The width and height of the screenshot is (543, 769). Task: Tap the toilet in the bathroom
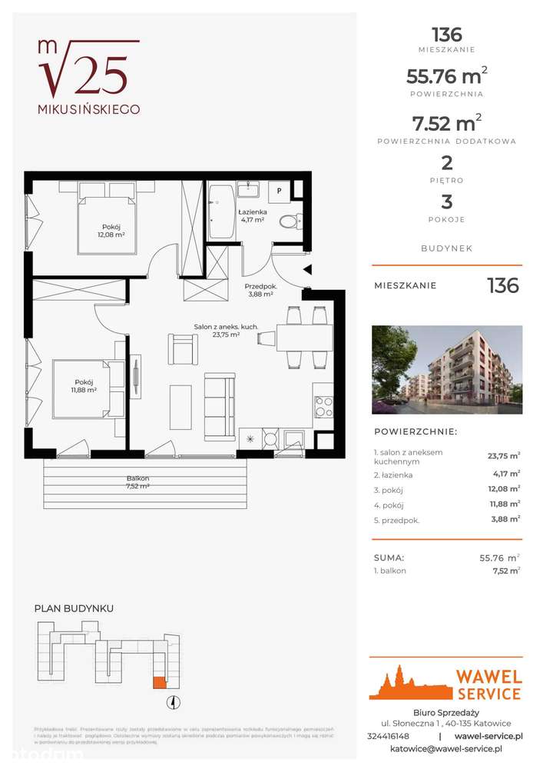pyautogui.click(x=289, y=221)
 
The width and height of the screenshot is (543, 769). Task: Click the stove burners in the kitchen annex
pyautogui.click(x=323, y=404)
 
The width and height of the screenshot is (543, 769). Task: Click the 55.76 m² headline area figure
pyautogui.click(x=445, y=75)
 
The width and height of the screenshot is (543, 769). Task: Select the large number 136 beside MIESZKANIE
pyautogui.click(x=503, y=286)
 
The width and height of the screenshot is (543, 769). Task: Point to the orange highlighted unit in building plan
pyautogui.click(x=159, y=681)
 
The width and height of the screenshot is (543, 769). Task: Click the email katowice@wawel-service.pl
pyautogui.click(x=446, y=748)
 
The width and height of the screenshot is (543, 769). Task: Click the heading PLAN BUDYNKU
pyautogui.click(x=74, y=608)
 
